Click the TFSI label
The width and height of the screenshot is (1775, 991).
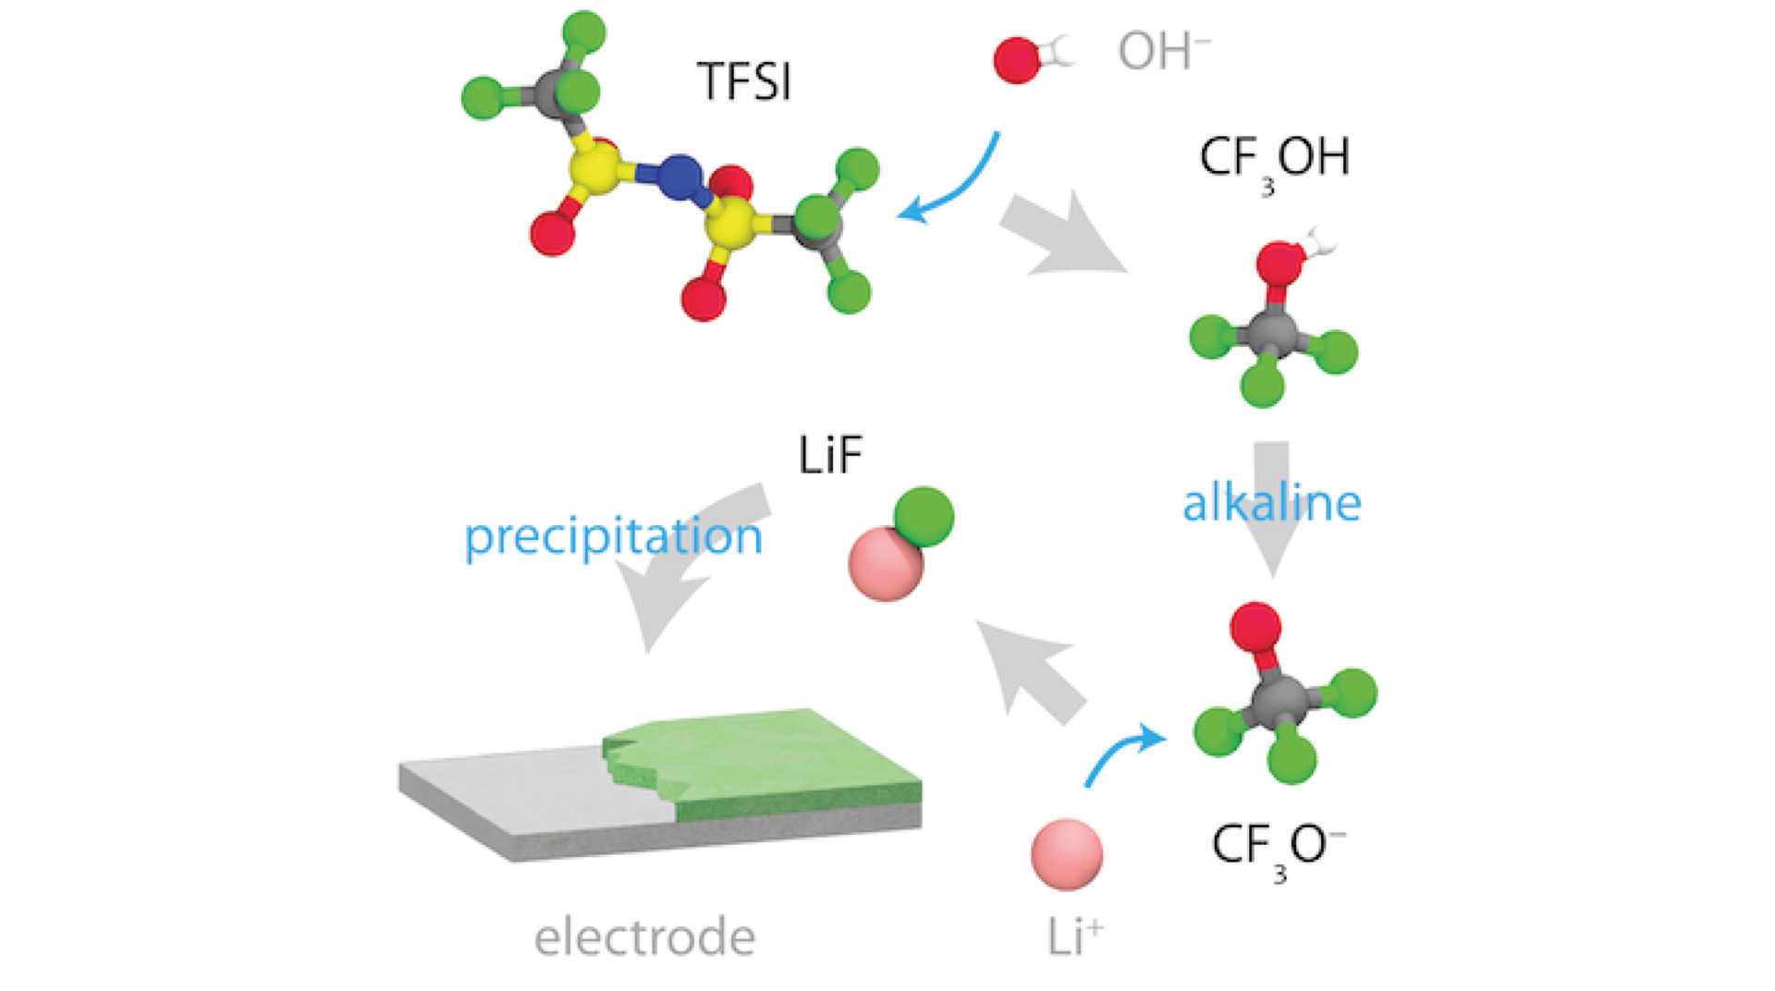744,81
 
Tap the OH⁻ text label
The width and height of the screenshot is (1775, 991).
1164,51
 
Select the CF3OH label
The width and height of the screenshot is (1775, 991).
1275,162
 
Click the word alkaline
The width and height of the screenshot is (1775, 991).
1272,503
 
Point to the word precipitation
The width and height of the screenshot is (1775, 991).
613,538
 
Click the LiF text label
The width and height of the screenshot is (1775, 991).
830,455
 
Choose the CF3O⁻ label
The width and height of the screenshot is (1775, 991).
1279,850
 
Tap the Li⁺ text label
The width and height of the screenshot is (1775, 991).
1075,936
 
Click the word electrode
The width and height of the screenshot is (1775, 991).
644,936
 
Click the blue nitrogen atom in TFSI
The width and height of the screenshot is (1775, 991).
679,177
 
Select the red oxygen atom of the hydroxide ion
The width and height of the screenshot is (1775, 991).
1017,60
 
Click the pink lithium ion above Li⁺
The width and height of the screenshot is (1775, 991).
1067,854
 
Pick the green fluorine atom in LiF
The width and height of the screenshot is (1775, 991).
924,518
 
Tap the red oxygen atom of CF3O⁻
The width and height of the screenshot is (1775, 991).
1255,629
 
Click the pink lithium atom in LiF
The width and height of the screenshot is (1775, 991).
885,564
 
